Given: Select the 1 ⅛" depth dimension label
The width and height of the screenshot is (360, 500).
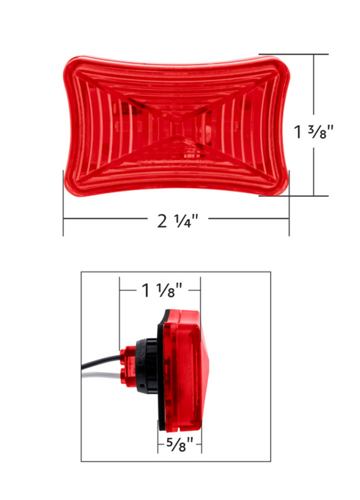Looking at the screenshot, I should click(x=159, y=290).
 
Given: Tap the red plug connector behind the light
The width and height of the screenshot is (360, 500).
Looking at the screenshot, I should click(x=128, y=367).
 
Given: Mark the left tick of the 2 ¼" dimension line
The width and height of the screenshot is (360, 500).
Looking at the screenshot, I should click(x=63, y=220).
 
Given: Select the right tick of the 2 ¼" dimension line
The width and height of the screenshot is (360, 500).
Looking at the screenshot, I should click(x=289, y=220).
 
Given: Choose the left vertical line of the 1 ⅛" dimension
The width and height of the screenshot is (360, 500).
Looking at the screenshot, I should click(x=119, y=317).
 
